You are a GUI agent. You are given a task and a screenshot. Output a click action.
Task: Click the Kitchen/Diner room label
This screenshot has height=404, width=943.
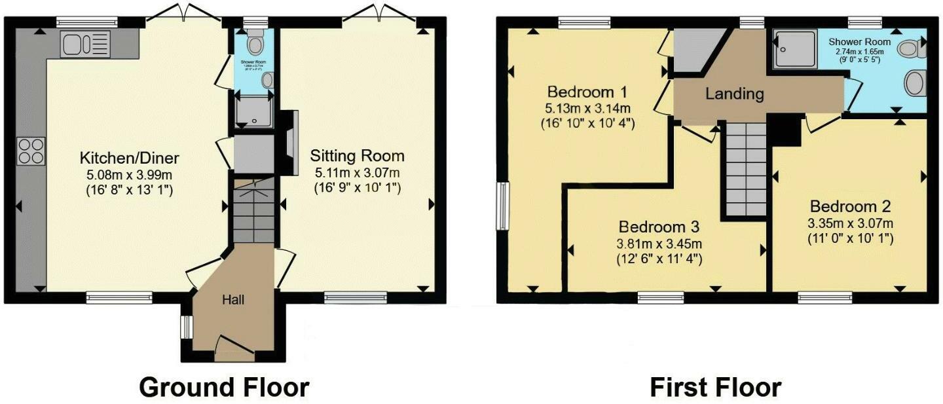pos(129,158)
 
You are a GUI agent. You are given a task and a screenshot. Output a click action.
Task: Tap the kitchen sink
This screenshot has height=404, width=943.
pos(86,44)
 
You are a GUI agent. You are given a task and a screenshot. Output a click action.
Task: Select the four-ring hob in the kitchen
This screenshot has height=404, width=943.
pos(31,151)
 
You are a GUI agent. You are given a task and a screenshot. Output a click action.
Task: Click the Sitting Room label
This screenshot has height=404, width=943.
pos(357,156)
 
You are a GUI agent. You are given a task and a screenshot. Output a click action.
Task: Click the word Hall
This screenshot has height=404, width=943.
pos(233,300)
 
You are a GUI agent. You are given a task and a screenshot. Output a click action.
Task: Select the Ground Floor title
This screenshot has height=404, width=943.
pos(224,387)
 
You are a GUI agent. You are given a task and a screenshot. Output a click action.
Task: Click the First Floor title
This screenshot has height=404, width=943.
pos(715,387)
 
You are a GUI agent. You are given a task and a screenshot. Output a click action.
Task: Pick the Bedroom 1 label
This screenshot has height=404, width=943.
pos(587,90)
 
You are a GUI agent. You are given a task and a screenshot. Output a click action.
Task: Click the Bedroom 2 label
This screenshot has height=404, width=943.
pos(849,206)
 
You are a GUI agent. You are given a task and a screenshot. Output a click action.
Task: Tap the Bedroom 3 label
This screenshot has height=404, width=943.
pos(659,227)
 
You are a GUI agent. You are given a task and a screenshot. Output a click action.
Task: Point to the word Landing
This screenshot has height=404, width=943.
pos(734,94)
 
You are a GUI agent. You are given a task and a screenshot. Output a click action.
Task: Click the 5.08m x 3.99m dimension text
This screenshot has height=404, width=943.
pos(129,175)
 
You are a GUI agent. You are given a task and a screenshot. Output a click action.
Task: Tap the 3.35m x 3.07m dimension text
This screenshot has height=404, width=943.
pos(849,223)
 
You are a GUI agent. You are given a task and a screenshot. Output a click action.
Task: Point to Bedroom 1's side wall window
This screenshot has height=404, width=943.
pos(502,206)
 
